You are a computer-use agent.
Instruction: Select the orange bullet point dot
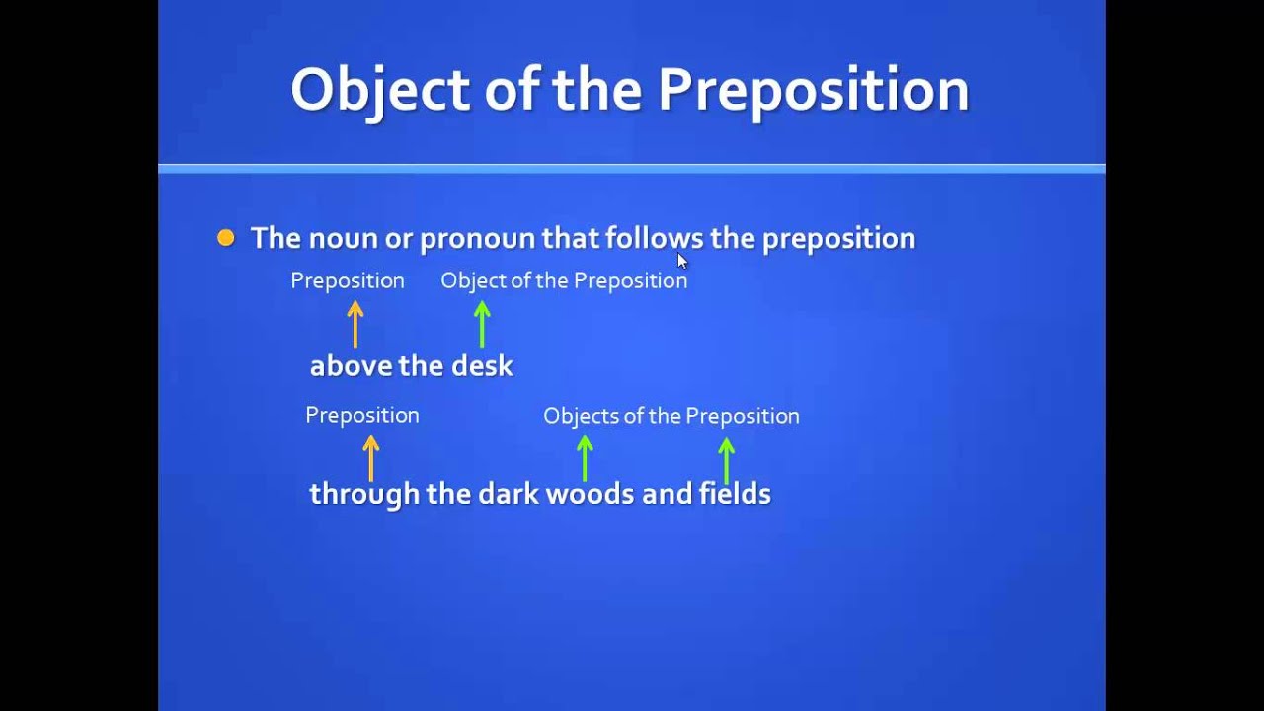(x=226, y=238)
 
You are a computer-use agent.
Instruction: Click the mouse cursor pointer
(x=681, y=260)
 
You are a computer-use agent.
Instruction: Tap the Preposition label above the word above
(x=348, y=280)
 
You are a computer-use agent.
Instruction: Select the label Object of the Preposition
(x=564, y=280)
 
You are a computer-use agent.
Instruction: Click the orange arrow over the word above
(x=355, y=324)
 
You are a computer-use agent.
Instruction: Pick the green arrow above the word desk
(x=482, y=324)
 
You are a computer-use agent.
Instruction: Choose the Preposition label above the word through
(x=362, y=415)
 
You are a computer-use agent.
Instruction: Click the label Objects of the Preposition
(x=671, y=416)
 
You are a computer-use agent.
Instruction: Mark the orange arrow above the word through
(x=371, y=458)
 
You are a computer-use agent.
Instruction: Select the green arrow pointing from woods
(x=585, y=458)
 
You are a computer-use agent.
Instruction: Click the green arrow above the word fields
(x=727, y=460)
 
